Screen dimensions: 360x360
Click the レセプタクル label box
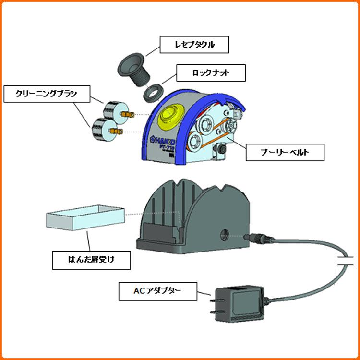[194, 45]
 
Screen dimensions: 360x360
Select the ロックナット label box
[211, 73]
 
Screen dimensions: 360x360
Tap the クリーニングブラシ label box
[46, 94]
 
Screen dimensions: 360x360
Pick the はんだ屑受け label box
[91, 260]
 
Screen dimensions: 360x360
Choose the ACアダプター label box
[158, 291]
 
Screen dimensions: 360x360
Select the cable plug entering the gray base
[255, 237]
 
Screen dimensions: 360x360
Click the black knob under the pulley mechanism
[223, 151]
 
